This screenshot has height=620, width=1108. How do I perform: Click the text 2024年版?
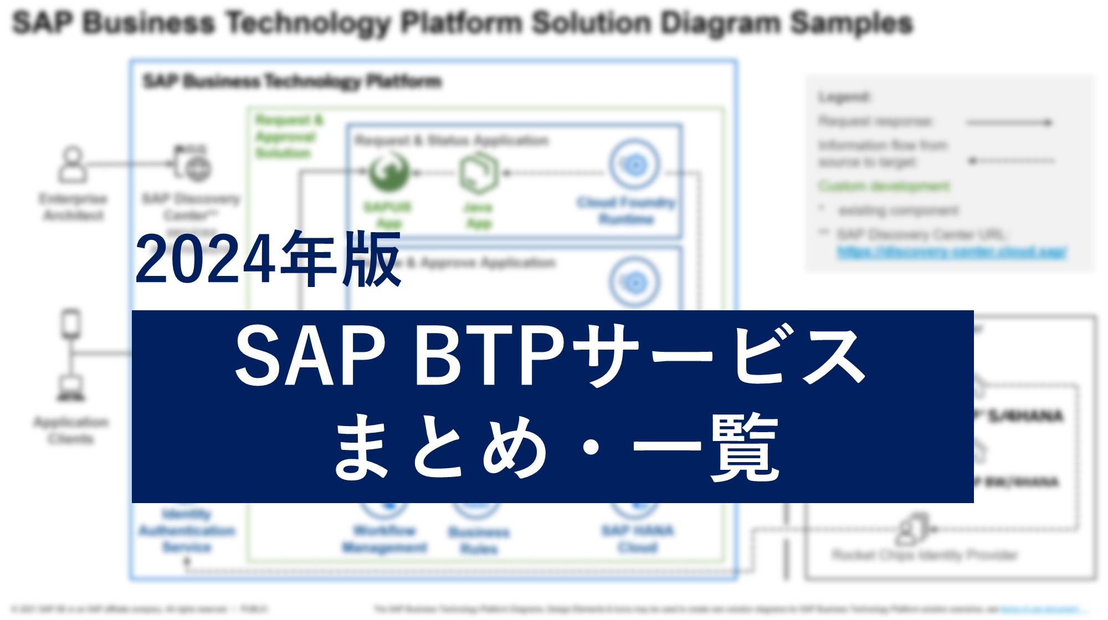coord(268,259)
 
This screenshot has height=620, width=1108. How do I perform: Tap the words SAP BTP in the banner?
coord(399,355)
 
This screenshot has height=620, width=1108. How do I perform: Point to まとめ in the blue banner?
coord(441,447)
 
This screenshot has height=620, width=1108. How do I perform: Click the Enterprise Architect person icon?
coord(73,164)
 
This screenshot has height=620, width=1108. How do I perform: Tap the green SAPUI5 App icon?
coord(389,172)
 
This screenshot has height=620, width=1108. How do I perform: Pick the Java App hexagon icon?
coord(478,173)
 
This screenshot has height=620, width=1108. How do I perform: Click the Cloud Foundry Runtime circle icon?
coord(635,165)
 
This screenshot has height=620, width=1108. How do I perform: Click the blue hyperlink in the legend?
coord(952,252)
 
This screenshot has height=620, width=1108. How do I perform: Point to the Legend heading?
coord(844,98)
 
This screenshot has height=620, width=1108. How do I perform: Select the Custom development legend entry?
coord(884,186)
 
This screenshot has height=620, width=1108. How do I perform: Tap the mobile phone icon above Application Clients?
coord(71,324)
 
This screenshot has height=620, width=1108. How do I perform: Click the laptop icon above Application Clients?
coord(71,388)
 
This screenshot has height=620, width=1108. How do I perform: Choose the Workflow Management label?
coord(384,539)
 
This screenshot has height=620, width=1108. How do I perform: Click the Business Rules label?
coord(479,540)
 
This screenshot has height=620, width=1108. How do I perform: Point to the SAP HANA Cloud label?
coord(638,539)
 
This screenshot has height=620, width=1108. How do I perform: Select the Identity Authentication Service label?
coord(187,531)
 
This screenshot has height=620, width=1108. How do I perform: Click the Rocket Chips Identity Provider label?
coord(925,555)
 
